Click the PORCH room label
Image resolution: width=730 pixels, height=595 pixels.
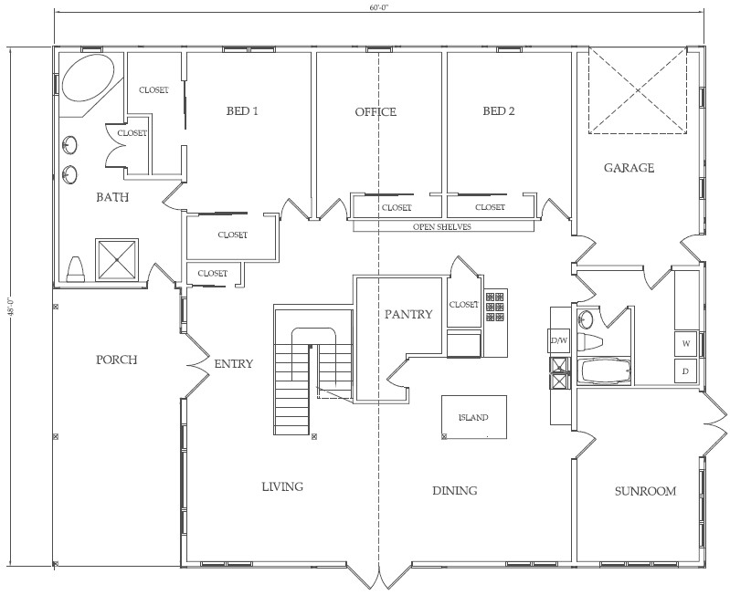tap(116, 360)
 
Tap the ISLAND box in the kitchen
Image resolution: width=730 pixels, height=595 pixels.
tap(472, 417)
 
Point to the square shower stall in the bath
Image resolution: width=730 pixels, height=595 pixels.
tap(117, 258)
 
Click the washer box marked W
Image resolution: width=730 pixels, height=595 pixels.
tap(685, 343)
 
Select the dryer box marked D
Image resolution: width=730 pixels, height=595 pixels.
tap(685, 371)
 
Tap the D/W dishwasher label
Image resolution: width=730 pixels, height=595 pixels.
tap(557, 341)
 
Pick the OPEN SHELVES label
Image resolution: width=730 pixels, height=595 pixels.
tap(442, 227)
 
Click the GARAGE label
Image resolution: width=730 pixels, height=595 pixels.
tap(629, 168)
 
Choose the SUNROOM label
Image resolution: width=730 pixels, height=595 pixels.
tap(645, 491)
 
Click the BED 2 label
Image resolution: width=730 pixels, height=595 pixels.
tap(499, 112)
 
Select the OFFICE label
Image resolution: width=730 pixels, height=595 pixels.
tap(376, 112)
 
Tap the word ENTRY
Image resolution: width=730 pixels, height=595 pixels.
tap(233, 364)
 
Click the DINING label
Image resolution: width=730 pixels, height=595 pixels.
tap(454, 491)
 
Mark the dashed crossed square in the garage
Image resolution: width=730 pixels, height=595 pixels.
tap(636, 92)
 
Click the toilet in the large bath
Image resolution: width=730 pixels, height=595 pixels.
tap(77, 267)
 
